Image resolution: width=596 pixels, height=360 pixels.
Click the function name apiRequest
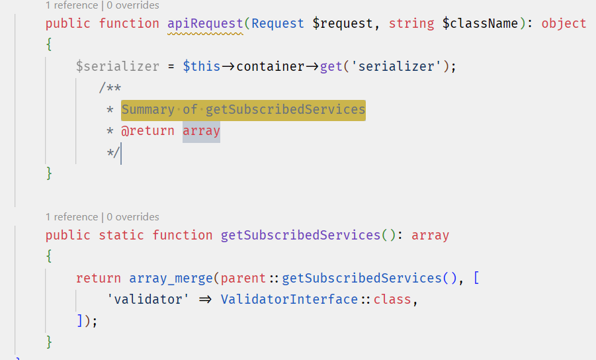(x=205, y=24)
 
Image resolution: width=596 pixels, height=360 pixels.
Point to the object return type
(x=564, y=24)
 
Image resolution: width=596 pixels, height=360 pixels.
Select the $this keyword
(x=202, y=66)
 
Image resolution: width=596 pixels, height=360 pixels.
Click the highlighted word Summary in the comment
(x=148, y=109)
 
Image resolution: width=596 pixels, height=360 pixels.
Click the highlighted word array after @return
(x=201, y=131)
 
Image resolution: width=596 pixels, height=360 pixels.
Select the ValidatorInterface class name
(x=289, y=299)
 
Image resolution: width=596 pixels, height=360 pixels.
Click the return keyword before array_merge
(x=99, y=278)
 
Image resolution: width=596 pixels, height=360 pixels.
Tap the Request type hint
(x=278, y=24)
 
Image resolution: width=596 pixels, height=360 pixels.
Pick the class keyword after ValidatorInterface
(x=393, y=299)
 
